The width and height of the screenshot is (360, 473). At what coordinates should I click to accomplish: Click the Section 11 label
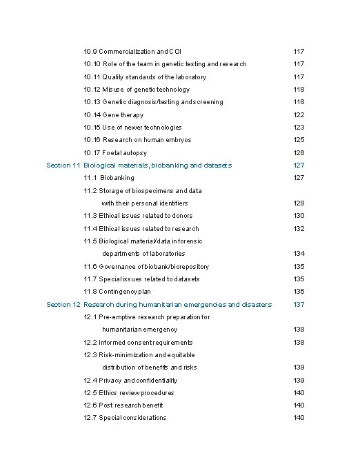tap(63, 165)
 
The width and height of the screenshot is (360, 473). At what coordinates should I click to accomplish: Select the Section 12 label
tap(63, 305)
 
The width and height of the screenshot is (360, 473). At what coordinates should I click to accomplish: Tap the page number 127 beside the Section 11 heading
tap(299, 165)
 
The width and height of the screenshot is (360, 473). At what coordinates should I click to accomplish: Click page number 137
tap(299, 305)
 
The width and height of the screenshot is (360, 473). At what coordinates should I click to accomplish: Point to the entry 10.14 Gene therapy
tap(114, 115)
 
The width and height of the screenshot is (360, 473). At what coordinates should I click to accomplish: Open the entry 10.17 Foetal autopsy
tap(115, 153)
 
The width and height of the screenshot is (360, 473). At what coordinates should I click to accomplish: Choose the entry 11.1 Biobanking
tap(109, 178)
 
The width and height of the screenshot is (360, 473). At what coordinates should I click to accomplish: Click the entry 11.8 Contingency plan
tap(117, 292)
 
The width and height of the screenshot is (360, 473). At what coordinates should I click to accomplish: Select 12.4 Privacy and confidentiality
tap(130, 381)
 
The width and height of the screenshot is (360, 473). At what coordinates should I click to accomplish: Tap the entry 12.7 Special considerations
tap(125, 418)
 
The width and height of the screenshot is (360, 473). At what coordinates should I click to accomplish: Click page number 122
tap(299, 115)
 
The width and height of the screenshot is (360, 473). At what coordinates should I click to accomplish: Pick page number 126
tap(299, 153)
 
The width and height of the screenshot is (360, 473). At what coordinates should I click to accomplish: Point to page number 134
tap(299, 254)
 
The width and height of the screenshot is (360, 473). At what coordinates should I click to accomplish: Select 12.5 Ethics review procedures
tap(129, 393)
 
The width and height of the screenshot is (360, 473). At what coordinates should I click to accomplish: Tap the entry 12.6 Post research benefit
tap(123, 405)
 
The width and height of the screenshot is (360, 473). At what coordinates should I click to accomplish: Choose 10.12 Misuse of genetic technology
tap(137, 90)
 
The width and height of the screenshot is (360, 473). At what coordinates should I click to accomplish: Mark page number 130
tap(299, 216)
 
